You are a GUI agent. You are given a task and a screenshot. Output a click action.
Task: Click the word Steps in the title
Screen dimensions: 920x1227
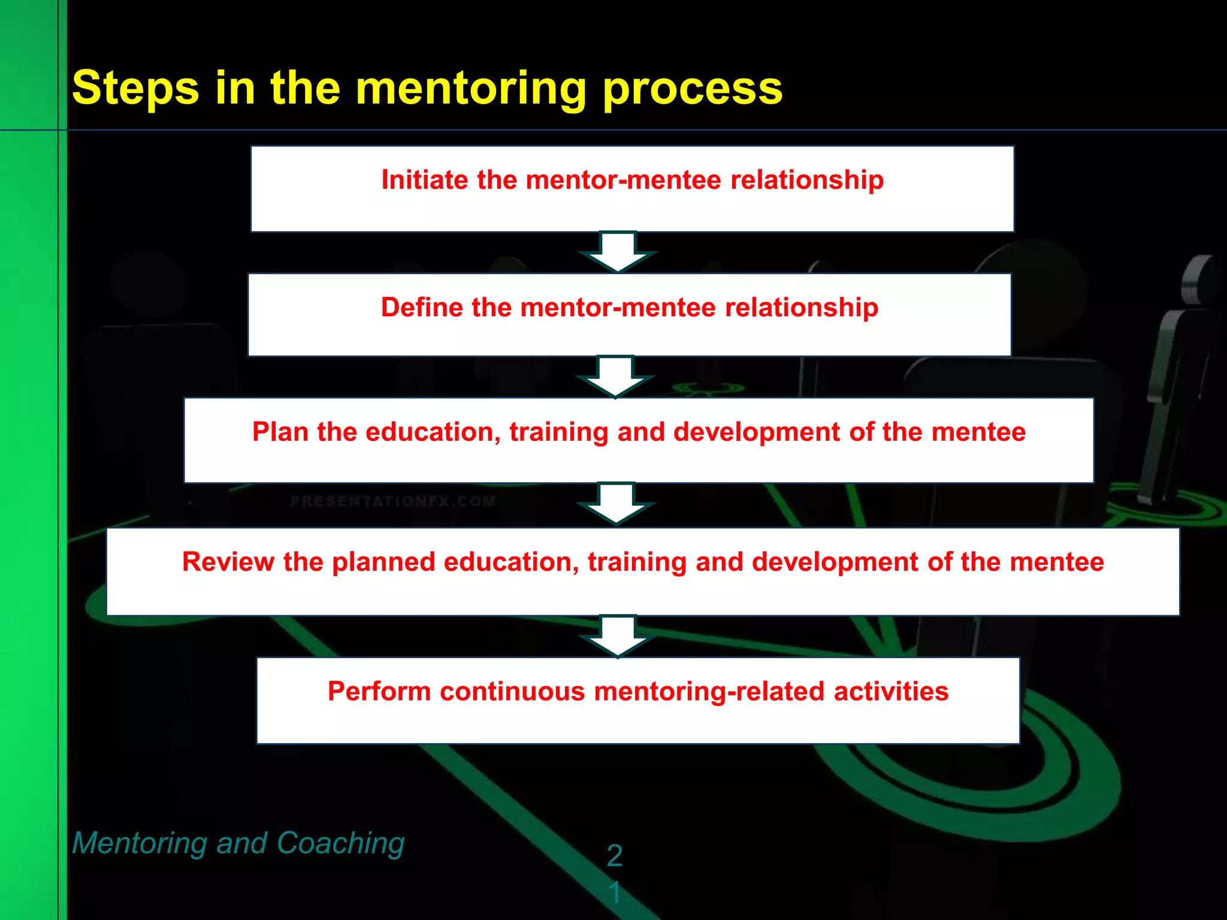(135, 89)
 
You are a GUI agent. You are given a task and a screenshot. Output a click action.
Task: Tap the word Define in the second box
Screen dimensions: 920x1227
(422, 307)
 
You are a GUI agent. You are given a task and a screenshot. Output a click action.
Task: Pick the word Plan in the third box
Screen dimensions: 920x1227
(280, 432)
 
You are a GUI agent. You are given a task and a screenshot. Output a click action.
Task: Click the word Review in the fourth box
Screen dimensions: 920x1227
(228, 562)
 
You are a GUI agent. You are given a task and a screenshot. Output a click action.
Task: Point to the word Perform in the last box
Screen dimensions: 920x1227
(379, 691)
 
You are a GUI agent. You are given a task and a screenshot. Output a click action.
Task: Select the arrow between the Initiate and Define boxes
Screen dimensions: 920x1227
(618, 252)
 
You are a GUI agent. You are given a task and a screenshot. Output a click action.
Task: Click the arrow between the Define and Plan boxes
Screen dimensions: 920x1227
(615, 377)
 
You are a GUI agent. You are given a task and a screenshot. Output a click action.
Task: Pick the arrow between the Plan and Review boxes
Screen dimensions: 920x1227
(616, 504)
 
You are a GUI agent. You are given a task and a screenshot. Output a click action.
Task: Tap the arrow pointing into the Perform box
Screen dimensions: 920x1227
(618, 635)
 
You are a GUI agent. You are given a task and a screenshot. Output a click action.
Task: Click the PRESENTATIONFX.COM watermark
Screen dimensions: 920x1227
(392, 501)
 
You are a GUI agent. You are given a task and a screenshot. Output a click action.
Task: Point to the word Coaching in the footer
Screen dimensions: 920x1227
(340, 843)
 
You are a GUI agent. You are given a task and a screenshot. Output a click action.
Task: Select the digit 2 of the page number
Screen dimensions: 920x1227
(614, 855)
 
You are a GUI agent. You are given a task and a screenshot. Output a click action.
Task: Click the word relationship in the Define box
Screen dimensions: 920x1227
(802, 307)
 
